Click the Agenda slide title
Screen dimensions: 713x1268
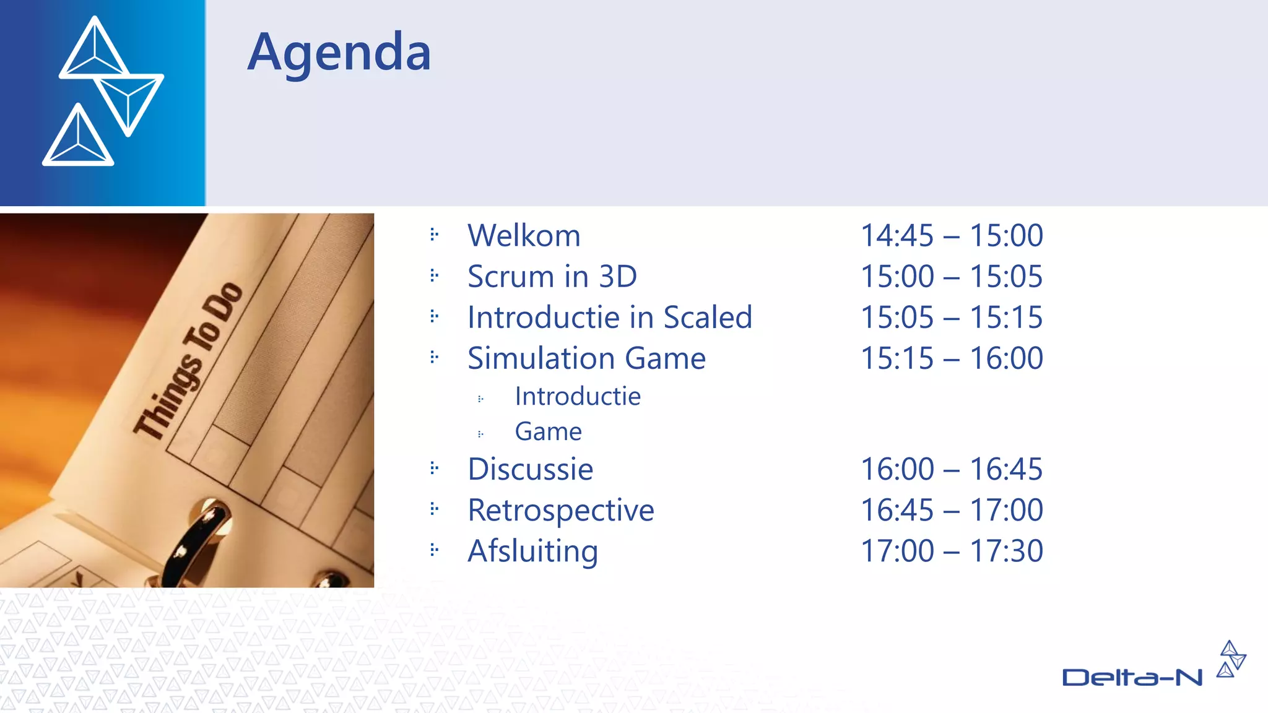pos(339,53)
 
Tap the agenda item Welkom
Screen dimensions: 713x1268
pos(524,236)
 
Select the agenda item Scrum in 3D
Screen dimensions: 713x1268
pos(552,277)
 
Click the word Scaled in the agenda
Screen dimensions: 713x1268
pos(707,318)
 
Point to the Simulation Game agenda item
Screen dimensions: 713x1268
pos(586,358)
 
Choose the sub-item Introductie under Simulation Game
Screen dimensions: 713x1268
pos(578,397)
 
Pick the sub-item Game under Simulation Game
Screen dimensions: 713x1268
pos(548,432)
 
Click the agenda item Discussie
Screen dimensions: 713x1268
pos(530,469)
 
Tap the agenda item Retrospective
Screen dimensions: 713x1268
pos(560,511)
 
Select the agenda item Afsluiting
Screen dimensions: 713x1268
pos(532,551)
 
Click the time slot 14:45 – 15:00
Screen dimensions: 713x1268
pos(952,236)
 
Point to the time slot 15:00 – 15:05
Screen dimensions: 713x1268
pos(952,277)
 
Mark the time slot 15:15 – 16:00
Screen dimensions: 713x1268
pos(952,358)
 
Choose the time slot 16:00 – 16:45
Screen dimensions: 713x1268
pos(952,469)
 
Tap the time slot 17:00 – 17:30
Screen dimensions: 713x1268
pos(952,551)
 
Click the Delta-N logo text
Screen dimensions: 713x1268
pos(1132,678)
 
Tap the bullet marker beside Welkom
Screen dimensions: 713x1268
pos(434,235)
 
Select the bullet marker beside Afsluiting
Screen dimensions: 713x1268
pos(434,550)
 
